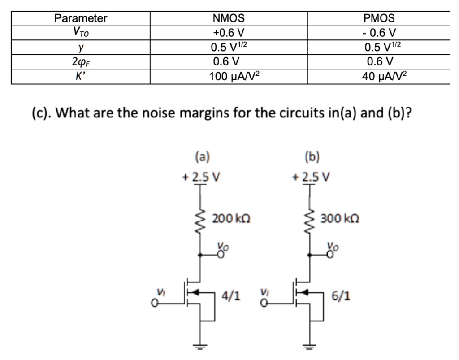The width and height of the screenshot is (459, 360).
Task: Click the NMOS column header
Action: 229,18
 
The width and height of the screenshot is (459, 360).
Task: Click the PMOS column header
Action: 379,18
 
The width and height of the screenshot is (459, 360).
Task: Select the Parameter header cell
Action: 81,18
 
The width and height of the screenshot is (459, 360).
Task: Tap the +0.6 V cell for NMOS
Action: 229,32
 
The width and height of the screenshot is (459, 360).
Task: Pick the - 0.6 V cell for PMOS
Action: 379,32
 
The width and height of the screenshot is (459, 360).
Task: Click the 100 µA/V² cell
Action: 234,76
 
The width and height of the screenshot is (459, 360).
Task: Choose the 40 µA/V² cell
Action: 384,76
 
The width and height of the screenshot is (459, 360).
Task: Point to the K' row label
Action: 80,76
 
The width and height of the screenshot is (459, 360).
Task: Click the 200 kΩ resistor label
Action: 231,219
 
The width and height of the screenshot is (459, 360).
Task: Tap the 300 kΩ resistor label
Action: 340,219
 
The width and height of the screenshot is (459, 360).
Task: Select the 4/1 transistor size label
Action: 231,296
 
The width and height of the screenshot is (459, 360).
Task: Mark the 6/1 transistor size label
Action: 341,296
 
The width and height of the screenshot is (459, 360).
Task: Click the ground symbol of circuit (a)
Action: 200,347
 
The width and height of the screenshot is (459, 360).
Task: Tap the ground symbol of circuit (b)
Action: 310,347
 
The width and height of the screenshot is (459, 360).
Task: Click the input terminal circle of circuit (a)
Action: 154,303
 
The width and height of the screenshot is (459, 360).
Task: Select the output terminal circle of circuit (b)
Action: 330,255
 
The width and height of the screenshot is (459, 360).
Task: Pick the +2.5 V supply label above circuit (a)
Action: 201,177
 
